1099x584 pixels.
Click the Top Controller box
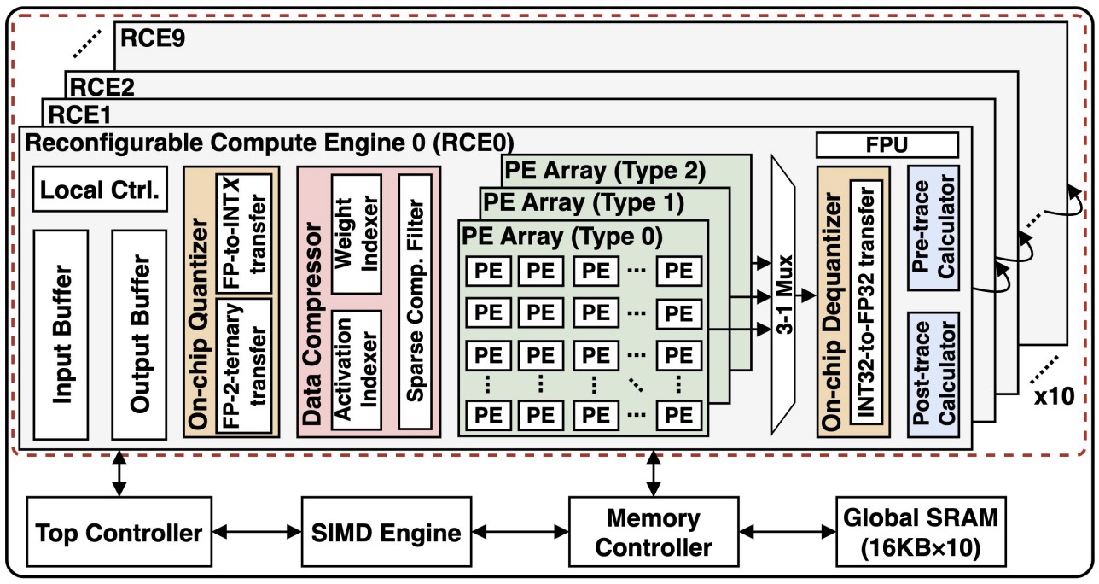click(x=119, y=531)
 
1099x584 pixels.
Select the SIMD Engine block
click(x=387, y=531)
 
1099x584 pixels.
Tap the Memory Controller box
click(x=654, y=531)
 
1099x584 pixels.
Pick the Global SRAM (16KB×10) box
click(x=921, y=531)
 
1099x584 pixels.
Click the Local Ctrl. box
click(x=100, y=190)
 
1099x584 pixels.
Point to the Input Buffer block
click(x=61, y=335)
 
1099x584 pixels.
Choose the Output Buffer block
click(x=139, y=335)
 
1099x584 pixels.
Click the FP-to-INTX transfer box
click(x=244, y=234)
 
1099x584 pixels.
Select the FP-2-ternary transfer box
click(x=244, y=366)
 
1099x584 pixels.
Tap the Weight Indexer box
click(x=357, y=234)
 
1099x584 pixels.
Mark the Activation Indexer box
click(x=357, y=370)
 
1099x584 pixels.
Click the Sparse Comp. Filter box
click(x=416, y=301)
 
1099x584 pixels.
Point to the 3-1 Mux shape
click(x=783, y=295)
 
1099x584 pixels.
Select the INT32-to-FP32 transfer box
click(x=866, y=301)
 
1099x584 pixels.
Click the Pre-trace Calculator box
click(x=933, y=228)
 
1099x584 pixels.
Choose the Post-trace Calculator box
click(x=933, y=375)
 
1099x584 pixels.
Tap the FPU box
click(x=887, y=145)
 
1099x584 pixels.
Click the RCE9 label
click(x=153, y=38)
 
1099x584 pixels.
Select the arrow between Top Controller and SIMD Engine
click(x=257, y=531)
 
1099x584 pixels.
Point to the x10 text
click(x=1055, y=396)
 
